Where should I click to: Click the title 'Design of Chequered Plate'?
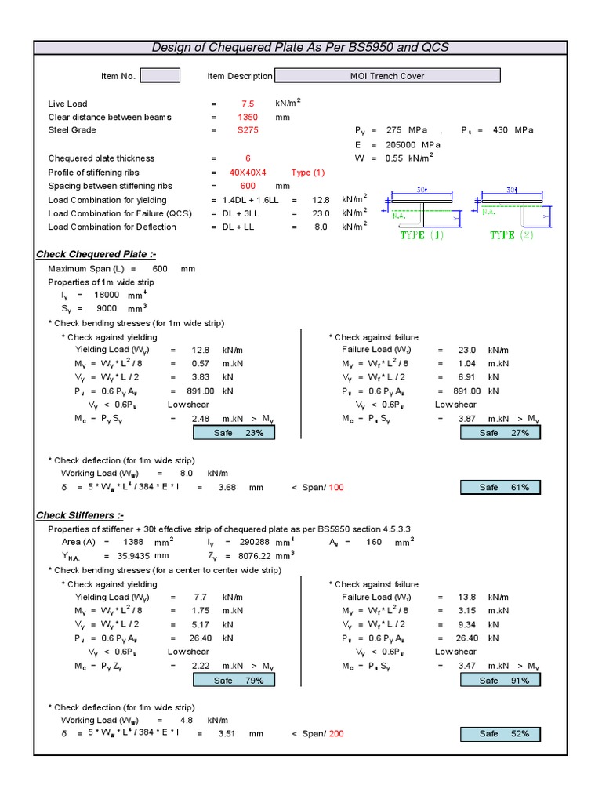click(x=300, y=47)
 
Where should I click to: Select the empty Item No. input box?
click(x=160, y=75)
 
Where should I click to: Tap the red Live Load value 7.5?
click(x=248, y=104)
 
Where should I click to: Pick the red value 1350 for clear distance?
click(x=248, y=118)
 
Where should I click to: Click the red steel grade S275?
click(x=248, y=131)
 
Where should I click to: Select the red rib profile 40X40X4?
click(x=248, y=173)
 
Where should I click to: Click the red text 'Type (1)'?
click(x=307, y=173)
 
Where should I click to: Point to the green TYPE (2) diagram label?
click(x=512, y=234)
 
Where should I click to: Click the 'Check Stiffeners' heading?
click(x=80, y=515)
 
